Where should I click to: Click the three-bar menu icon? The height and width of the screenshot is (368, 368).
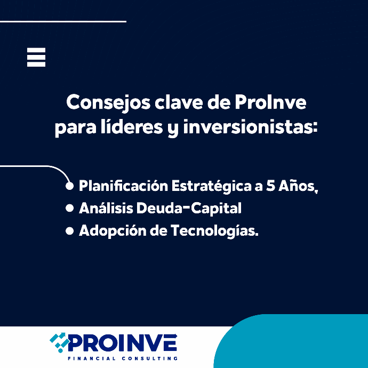36,57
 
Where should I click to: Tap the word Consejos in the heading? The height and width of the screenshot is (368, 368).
108,103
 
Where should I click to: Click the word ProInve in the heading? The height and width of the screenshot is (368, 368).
270,102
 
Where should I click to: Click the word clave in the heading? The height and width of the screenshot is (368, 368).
178,102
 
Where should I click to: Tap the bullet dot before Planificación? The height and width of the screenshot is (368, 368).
70,186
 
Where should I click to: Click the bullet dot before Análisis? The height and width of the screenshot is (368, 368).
70,208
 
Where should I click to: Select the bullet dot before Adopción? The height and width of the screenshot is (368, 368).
70,231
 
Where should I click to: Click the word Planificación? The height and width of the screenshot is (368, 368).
123,186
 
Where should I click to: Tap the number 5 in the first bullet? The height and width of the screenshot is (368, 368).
270,186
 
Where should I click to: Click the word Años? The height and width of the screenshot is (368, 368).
297,186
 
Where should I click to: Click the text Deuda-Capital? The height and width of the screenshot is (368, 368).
189,209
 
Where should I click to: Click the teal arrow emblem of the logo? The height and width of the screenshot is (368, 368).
60,342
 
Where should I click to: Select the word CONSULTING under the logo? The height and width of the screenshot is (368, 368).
149,358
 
